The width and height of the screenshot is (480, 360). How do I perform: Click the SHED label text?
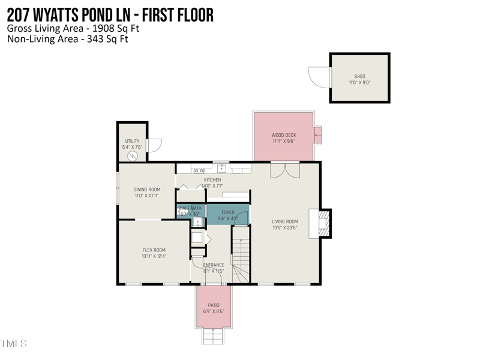[x=359, y=76]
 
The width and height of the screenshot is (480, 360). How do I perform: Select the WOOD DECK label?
[x=284, y=135]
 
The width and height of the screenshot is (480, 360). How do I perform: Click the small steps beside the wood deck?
[x=319, y=136]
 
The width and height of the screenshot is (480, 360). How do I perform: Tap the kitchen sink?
[x=221, y=169]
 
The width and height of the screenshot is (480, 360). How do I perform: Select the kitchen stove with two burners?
[x=198, y=170]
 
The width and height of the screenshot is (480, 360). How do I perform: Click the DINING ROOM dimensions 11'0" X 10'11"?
[x=146, y=196]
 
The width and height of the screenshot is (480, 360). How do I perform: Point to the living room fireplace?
[x=322, y=223]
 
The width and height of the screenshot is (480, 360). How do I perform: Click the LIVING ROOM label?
[x=284, y=221]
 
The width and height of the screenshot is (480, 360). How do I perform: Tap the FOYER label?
[x=227, y=212]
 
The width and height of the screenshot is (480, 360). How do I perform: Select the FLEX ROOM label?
[x=154, y=250]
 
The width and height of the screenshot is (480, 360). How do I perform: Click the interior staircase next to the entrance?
[x=241, y=258]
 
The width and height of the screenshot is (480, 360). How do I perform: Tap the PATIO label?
[x=214, y=305]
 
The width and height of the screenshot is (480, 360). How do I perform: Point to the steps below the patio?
[x=214, y=336]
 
